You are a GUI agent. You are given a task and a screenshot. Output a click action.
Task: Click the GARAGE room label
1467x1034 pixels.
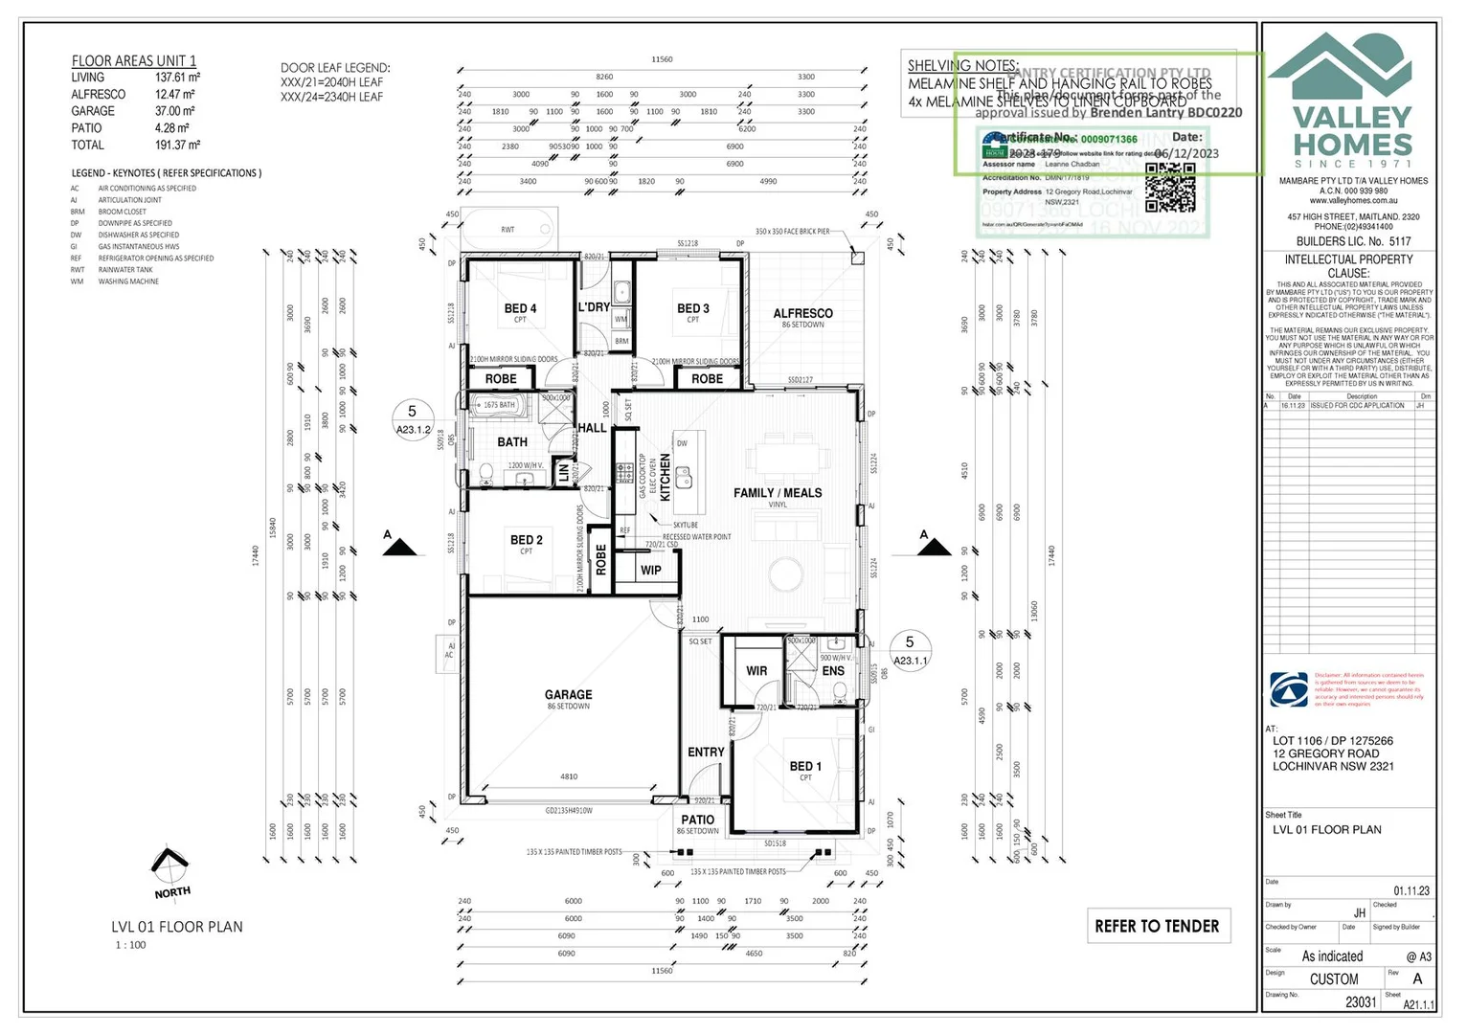pos(568,695)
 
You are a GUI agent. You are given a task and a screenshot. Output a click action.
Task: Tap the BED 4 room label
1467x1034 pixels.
pos(520,308)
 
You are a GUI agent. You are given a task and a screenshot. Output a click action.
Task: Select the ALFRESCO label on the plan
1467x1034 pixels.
pos(802,313)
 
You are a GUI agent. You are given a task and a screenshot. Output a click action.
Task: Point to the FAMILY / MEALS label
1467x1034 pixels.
pos(778,493)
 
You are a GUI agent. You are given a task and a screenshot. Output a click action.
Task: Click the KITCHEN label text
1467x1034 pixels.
pos(666,477)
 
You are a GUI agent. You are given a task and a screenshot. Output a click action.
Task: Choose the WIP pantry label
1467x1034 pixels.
pos(651,571)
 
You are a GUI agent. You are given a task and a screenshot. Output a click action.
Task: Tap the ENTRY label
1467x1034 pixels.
pos(706,753)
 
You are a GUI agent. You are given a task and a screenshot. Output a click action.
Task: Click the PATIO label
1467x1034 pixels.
pos(697,820)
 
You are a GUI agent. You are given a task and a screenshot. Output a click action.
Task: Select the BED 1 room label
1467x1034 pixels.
pos(805,766)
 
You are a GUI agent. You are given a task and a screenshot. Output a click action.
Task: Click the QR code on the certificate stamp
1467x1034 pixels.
pos(1170,188)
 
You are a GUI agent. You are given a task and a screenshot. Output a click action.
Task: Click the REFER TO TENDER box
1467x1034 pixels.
pos(1158,926)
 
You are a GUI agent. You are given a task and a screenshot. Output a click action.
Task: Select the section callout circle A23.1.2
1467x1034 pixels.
pos(414,420)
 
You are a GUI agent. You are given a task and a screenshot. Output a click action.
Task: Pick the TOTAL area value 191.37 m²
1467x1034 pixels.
pos(177,146)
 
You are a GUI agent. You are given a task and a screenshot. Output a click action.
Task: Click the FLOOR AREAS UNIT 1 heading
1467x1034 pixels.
pos(134,60)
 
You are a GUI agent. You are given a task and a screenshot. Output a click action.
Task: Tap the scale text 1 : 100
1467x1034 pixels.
pos(131,945)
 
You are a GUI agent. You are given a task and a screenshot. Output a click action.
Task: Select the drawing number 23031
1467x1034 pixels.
pos(1361,1001)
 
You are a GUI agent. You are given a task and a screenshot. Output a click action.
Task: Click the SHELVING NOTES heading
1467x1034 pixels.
pos(962,65)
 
